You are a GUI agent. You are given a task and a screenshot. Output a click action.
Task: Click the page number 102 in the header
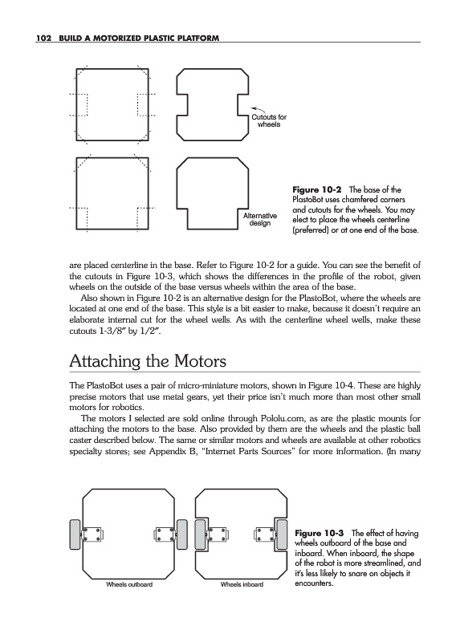coord(43,38)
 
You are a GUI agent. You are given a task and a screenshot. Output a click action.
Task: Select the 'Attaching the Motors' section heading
coord(148,361)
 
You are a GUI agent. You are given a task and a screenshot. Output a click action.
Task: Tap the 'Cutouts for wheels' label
coord(269,121)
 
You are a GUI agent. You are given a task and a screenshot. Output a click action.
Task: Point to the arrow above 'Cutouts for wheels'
coord(259,110)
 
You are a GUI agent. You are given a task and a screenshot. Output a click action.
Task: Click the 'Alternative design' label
coord(260,219)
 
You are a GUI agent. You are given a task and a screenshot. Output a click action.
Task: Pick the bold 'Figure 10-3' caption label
coord(320,533)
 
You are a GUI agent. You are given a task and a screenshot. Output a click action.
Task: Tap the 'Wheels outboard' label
coord(129,584)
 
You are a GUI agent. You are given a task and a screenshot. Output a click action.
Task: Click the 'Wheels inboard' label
coord(242,584)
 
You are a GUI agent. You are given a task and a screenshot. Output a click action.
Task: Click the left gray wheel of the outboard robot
coord(75,534)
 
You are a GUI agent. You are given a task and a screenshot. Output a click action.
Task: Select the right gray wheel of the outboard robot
coord(182,534)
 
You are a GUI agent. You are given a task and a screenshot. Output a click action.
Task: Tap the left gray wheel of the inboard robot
coord(200,534)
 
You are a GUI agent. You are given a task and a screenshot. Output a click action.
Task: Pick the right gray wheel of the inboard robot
coord(282,534)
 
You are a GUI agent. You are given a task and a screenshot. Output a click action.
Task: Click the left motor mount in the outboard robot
coord(92,534)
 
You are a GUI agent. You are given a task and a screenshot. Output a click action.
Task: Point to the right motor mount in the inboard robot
coord(265,534)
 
